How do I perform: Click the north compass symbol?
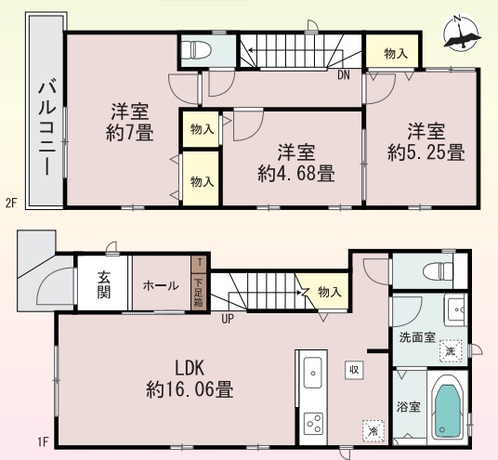coord(462,33)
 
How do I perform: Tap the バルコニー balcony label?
coord(47,127)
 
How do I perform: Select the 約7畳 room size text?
coord(130,133)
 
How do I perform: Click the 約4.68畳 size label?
coord(295,174)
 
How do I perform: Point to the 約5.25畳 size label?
coord(426,152)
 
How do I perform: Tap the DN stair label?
coord(344,75)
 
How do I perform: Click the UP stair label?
coord(228,319)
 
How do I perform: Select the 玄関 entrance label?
coord(103,285)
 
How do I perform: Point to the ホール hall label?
coord(161,286)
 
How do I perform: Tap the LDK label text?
coord(190,368)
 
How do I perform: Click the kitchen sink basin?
coord(312,373)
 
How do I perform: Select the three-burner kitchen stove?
coord(313,424)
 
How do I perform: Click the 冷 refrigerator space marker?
coord(373,431)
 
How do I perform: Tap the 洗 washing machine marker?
coord(451,350)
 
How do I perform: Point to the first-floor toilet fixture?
coord(438,271)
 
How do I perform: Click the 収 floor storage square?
coord(354,370)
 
